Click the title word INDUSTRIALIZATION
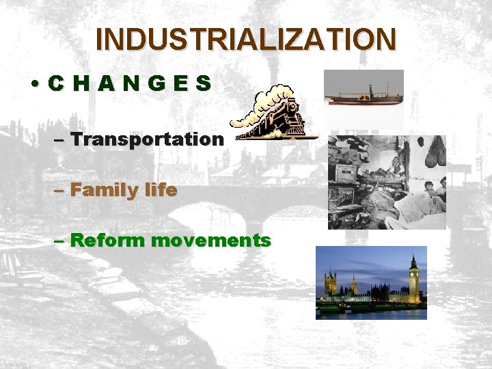pyautogui.click(x=245, y=39)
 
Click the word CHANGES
pyautogui.click(x=130, y=84)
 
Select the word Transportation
pyautogui.click(x=147, y=139)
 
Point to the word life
pyautogui.click(x=160, y=190)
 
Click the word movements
pyautogui.click(x=211, y=241)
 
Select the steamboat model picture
pyautogui.click(x=363, y=96)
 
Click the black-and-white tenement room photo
pyautogui.click(x=386, y=182)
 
